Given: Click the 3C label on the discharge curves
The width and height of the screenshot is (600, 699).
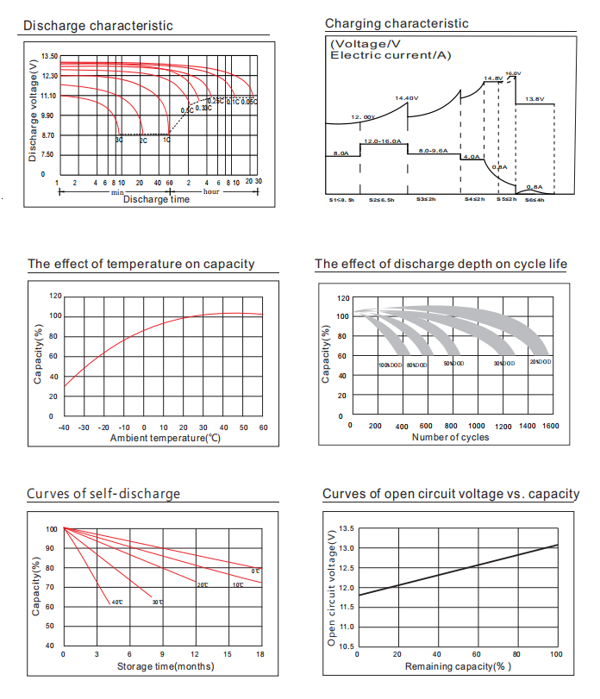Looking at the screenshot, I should [120, 139].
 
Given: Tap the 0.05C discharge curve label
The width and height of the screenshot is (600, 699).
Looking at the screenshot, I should [249, 103].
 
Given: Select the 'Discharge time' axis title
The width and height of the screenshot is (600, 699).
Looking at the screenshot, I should [156, 200].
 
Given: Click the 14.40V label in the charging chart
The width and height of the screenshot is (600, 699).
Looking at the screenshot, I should [406, 98].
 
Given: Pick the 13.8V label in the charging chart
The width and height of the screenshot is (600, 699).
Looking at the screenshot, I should [535, 99].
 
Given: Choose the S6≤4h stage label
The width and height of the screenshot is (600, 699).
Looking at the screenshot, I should [534, 199].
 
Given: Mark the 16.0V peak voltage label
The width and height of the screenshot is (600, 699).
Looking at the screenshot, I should [512, 73].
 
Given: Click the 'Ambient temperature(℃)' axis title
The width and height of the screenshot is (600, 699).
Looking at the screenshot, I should [166, 439].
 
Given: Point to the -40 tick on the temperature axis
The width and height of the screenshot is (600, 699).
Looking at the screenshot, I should [64, 428].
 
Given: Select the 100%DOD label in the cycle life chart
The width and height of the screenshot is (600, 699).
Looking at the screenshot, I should [391, 365].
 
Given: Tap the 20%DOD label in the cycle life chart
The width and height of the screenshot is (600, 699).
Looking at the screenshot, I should [540, 361].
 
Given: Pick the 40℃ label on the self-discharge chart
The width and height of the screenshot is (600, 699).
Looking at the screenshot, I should [116, 602].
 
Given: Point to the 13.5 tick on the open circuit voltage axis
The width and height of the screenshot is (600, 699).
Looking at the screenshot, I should [345, 528].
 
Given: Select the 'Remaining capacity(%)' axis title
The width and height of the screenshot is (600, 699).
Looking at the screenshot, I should [457, 666].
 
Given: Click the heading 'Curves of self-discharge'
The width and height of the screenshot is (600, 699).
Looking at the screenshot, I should [103, 494].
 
